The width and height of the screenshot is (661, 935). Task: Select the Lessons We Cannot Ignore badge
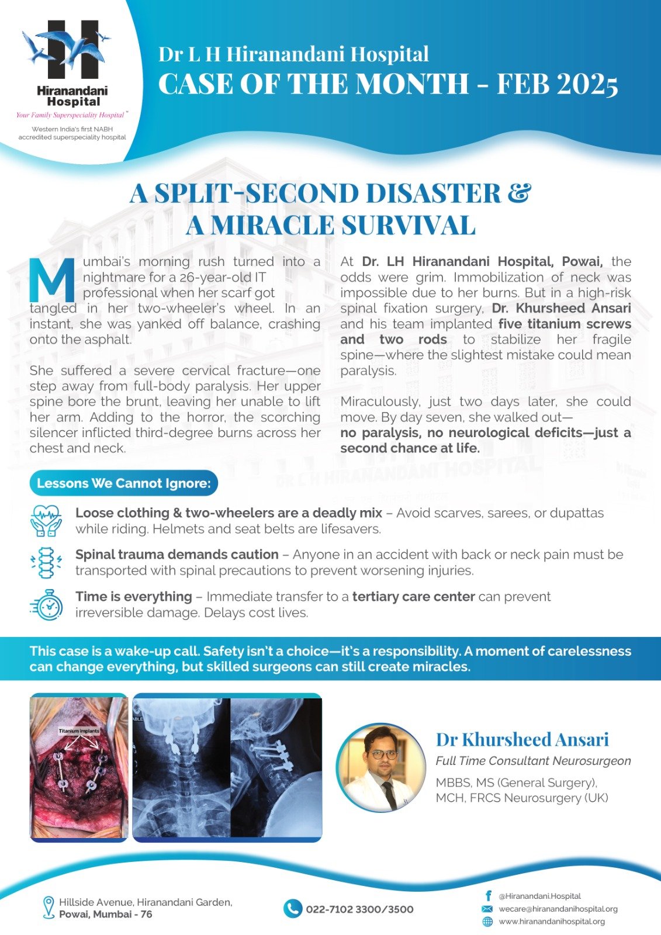click(x=123, y=483)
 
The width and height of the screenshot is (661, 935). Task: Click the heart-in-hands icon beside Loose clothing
click(x=46, y=521)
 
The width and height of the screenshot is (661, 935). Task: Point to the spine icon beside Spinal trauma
click(x=46, y=562)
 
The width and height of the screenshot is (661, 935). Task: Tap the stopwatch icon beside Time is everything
click(x=46, y=604)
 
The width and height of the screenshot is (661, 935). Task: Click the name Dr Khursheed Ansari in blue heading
click(x=522, y=740)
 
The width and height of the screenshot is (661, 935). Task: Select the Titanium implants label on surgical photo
click(x=79, y=731)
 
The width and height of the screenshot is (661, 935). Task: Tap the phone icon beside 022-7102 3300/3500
click(x=292, y=909)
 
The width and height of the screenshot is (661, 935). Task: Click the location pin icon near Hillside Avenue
click(x=49, y=907)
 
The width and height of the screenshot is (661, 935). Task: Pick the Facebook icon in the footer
click(x=487, y=895)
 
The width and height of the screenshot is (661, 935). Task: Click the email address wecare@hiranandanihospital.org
click(x=558, y=909)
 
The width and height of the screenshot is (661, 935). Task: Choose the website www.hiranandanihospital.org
click(x=551, y=922)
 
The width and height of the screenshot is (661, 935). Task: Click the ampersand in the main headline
click(x=519, y=193)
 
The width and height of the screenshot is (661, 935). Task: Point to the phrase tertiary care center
click(x=413, y=597)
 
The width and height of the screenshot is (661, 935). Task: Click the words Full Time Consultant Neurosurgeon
click(x=533, y=760)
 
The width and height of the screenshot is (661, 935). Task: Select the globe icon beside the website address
click(x=487, y=922)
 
